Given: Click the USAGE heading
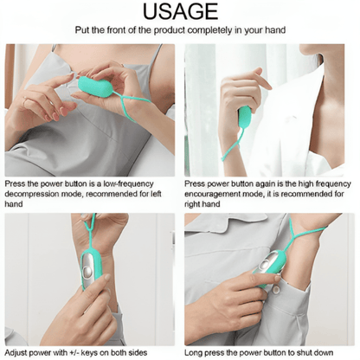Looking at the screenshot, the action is [180, 11].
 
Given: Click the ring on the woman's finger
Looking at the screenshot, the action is [25, 100].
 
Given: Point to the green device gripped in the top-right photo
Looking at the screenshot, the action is [245, 117].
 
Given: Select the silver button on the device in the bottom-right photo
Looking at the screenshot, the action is [264, 265].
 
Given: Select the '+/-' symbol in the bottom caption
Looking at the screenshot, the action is [74, 352].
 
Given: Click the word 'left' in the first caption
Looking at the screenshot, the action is [156, 194].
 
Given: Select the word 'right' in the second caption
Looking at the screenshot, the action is [192, 204].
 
